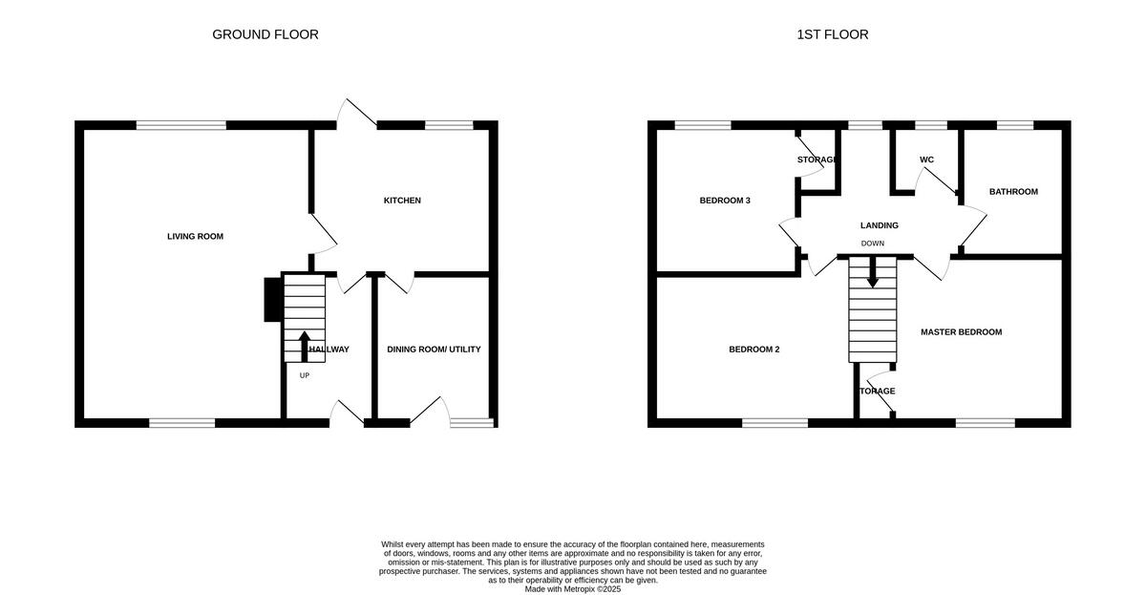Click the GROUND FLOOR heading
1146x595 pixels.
click(265, 34)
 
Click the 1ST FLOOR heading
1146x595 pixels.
click(833, 34)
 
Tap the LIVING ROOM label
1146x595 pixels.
click(195, 236)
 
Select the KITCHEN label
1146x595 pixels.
click(402, 201)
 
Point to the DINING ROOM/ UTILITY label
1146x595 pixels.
click(434, 350)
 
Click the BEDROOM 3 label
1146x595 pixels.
click(725, 201)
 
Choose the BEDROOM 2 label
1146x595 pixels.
click(753, 350)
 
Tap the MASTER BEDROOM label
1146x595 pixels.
click(961, 332)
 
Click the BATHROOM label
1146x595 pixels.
click(1013, 192)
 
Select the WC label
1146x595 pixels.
click(926, 159)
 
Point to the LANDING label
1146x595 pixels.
click(879, 226)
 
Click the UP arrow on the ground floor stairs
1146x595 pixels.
click(305, 346)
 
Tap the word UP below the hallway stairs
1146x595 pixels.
click(305, 375)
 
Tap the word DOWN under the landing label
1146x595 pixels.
click(872, 244)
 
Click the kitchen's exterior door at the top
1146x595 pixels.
click(356, 115)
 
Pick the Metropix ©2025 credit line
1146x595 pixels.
click(573, 589)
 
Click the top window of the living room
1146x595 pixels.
click(180, 125)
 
